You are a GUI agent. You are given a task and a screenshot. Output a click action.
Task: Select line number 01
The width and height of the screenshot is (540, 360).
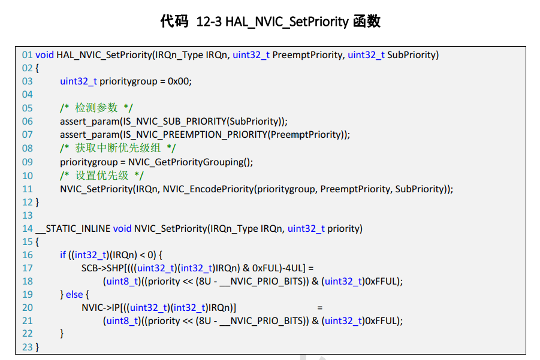pyautogui.click(x=28, y=55)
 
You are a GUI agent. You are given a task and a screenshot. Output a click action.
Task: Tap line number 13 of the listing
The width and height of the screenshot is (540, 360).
pyautogui.click(x=28, y=216)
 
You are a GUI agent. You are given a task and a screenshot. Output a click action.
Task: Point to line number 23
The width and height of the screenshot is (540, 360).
pyautogui.click(x=28, y=347)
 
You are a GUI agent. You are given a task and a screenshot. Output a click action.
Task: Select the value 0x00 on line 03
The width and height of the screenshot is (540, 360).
pyautogui.click(x=179, y=81)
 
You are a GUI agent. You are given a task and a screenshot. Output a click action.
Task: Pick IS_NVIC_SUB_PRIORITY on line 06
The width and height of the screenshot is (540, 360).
pyautogui.click(x=171, y=122)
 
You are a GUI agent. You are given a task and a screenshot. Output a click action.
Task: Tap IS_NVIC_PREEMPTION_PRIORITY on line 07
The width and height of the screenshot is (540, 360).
pyautogui.click(x=194, y=135)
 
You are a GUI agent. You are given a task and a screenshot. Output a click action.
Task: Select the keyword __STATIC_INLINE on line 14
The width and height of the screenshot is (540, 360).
pyautogui.click(x=73, y=229)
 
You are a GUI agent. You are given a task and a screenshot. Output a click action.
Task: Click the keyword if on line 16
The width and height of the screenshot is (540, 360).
pyautogui.click(x=63, y=255)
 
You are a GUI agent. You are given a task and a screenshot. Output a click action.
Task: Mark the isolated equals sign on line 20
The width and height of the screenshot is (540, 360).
pyautogui.click(x=320, y=308)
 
